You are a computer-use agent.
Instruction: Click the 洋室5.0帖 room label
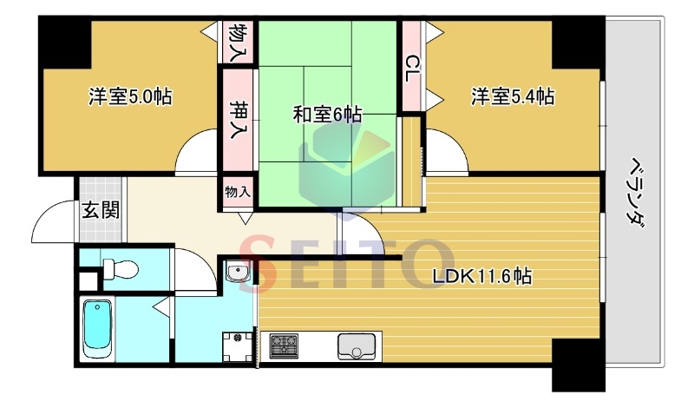(x=130, y=96)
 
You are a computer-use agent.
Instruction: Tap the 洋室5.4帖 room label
(x=513, y=96)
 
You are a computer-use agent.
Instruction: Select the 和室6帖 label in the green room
(x=327, y=115)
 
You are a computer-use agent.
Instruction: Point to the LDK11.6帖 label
(x=482, y=276)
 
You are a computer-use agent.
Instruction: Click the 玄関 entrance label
(x=101, y=209)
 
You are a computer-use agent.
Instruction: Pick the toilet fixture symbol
(x=120, y=269)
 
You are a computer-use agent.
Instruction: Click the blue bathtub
(x=98, y=327)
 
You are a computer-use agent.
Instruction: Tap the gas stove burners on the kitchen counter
(x=284, y=346)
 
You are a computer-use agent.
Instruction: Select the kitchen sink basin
(x=357, y=346)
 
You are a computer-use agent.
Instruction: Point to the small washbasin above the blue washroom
(x=238, y=271)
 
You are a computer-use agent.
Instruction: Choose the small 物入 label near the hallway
(x=238, y=192)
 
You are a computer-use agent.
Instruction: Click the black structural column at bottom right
(x=578, y=365)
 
